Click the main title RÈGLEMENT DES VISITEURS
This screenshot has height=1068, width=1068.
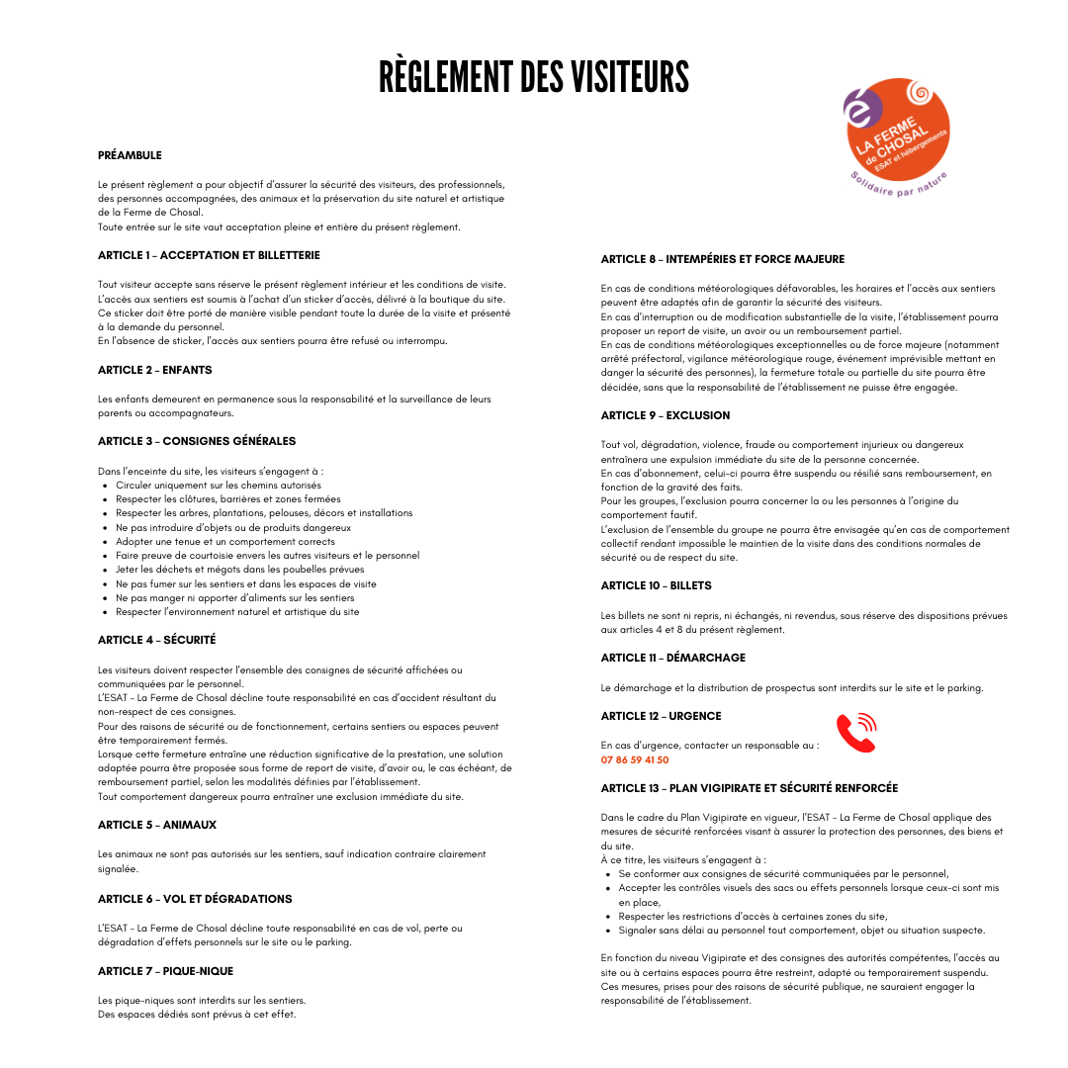pyautogui.click(x=534, y=77)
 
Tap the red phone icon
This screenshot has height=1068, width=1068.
pyautogui.click(x=856, y=733)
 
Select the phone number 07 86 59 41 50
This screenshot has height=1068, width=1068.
pyautogui.click(x=635, y=760)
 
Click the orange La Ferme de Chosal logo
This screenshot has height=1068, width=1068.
pyautogui.click(x=898, y=130)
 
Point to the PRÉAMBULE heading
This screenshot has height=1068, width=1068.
pyautogui.click(x=130, y=155)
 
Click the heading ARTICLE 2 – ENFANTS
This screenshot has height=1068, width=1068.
pyautogui.click(x=155, y=370)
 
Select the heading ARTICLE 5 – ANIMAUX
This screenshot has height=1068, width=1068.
pyautogui.click(x=157, y=825)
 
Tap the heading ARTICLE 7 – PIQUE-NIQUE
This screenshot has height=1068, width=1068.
pyautogui.click(x=165, y=971)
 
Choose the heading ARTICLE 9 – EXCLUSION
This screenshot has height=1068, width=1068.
pyautogui.click(x=666, y=415)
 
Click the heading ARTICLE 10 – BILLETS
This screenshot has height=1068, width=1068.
pyautogui.click(x=657, y=585)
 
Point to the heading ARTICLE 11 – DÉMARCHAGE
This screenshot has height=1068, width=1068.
pyautogui.click(x=673, y=658)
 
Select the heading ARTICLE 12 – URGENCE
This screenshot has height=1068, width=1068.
pyautogui.click(x=662, y=716)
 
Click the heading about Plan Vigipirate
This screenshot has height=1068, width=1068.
pyautogui.click(x=750, y=788)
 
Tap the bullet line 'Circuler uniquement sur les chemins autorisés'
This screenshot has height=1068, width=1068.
pyautogui.click(x=219, y=486)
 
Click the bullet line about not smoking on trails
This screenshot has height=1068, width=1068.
pyautogui.click(x=246, y=583)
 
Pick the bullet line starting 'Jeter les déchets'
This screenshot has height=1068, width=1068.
pyautogui.click(x=239, y=570)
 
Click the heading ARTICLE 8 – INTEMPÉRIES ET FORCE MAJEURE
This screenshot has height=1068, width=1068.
pyautogui.click(x=723, y=259)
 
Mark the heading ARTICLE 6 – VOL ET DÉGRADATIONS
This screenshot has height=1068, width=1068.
pyautogui.click(x=195, y=899)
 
